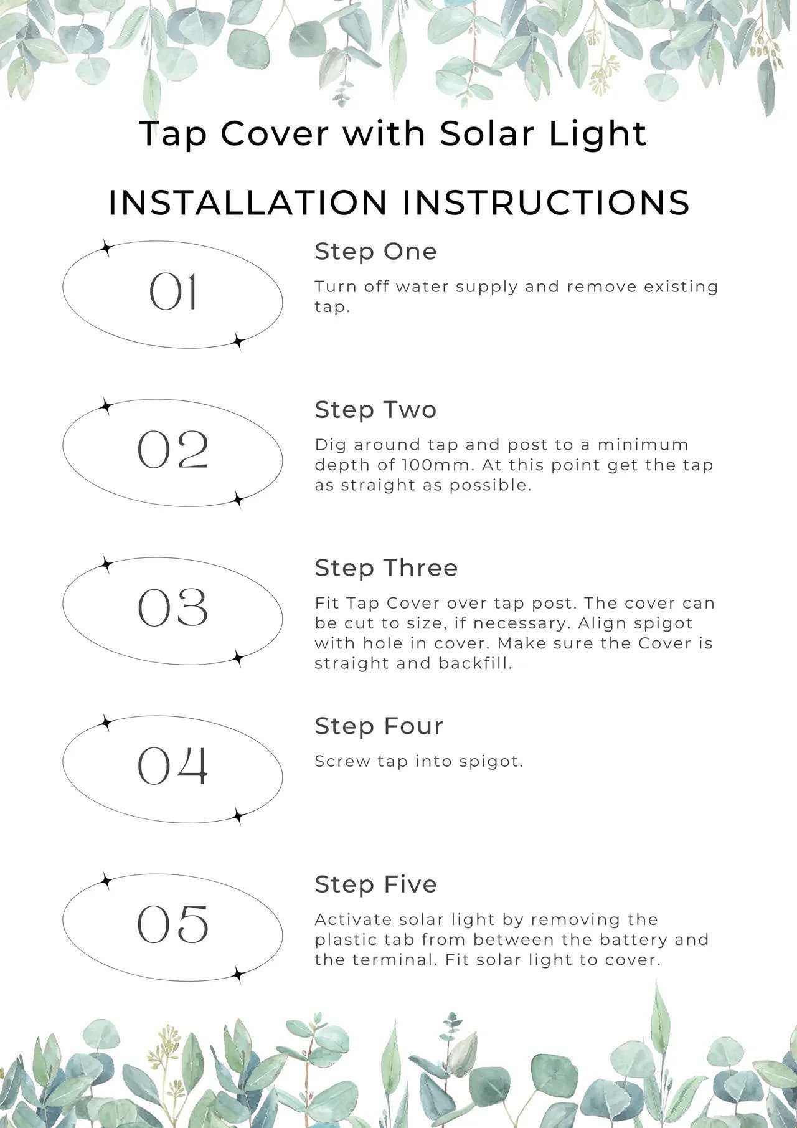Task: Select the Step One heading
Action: pos(376,252)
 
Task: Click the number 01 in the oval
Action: pos(173,292)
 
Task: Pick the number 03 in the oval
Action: pos(173,608)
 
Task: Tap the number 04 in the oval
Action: pos(173,766)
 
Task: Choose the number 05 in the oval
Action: pos(173,924)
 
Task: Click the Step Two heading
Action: pos(376,410)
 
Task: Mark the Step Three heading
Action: pos(386,568)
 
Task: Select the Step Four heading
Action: pos(379,726)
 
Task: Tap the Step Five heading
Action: pos(376,884)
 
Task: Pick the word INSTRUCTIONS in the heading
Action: pos(546,202)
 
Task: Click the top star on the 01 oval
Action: pos(106,249)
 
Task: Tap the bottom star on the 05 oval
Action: pos(238,975)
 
